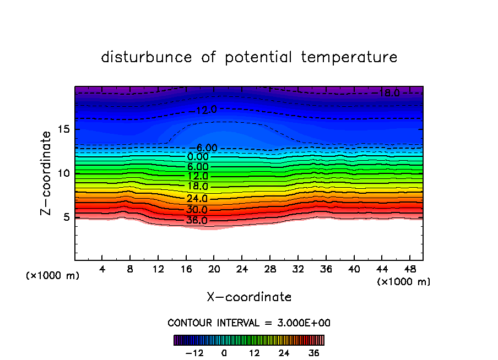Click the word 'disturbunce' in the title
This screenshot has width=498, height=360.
(147, 57)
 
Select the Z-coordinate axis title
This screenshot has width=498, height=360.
(47, 173)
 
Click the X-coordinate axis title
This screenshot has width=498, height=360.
(249, 297)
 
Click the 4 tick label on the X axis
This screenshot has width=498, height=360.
(102, 269)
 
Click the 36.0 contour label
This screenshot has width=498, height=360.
(197, 221)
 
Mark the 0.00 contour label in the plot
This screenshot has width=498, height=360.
(197, 157)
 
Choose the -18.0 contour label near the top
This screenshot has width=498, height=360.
(387, 94)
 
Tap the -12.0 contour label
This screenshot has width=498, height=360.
(205, 110)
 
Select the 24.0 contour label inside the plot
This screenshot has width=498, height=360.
(197, 199)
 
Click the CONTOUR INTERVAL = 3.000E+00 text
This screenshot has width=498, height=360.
(249, 323)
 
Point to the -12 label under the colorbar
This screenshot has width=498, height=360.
(194, 353)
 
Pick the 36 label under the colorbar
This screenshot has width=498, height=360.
(314, 353)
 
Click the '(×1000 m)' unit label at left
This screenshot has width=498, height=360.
(53, 276)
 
